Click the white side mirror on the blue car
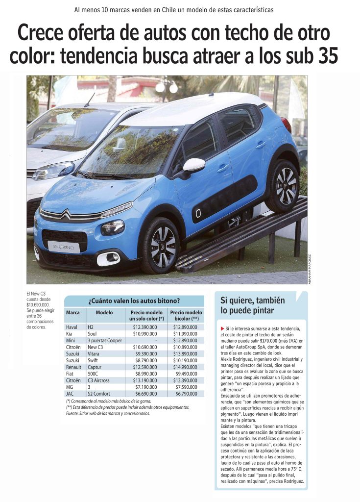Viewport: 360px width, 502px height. (x=193, y=166)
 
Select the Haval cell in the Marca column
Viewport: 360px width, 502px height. (x=72, y=326)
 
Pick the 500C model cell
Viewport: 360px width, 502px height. (x=94, y=374)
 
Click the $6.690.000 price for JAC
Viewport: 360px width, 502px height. (x=145, y=394)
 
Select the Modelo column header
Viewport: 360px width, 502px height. (x=104, y=312)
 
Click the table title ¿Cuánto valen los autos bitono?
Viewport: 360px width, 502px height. (x=134, y=301)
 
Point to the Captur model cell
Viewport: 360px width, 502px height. (x=95, y=367)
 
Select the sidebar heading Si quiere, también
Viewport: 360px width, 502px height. (x=252, y=300)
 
